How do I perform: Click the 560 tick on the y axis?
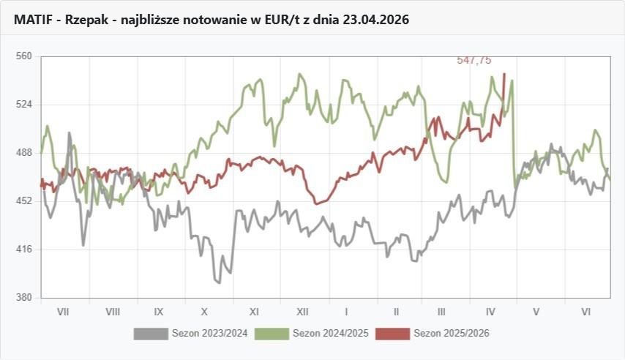coord(25,56)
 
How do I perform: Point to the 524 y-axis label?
coord(25,104)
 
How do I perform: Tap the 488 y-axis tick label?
coord(25,152)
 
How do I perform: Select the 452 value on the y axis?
coord(25,200)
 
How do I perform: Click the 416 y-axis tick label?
coord(25,250)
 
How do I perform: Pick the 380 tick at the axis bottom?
coord(25,298)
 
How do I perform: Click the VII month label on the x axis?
coord(63,312)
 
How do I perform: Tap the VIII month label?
coord(113,312)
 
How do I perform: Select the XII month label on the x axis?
coord(302,312)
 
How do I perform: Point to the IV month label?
coord(490,312)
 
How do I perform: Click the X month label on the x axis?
coord(205,312)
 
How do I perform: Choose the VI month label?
coord(586,312)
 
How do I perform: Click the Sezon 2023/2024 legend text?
coord(209,334)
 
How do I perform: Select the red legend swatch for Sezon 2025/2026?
coord(392,334)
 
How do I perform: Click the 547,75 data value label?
coord(474,61)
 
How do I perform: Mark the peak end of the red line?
coord(504,73)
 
